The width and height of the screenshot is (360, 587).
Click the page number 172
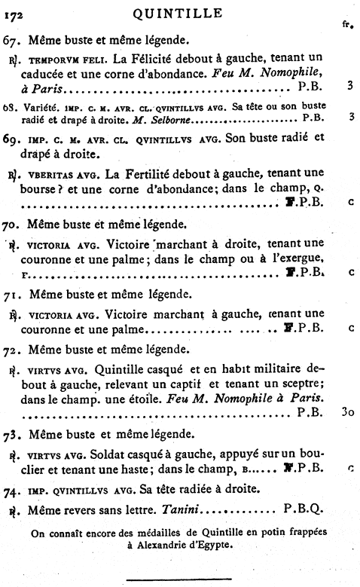[x=14, y=13]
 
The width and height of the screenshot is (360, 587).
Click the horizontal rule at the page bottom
[x=178, y=579]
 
